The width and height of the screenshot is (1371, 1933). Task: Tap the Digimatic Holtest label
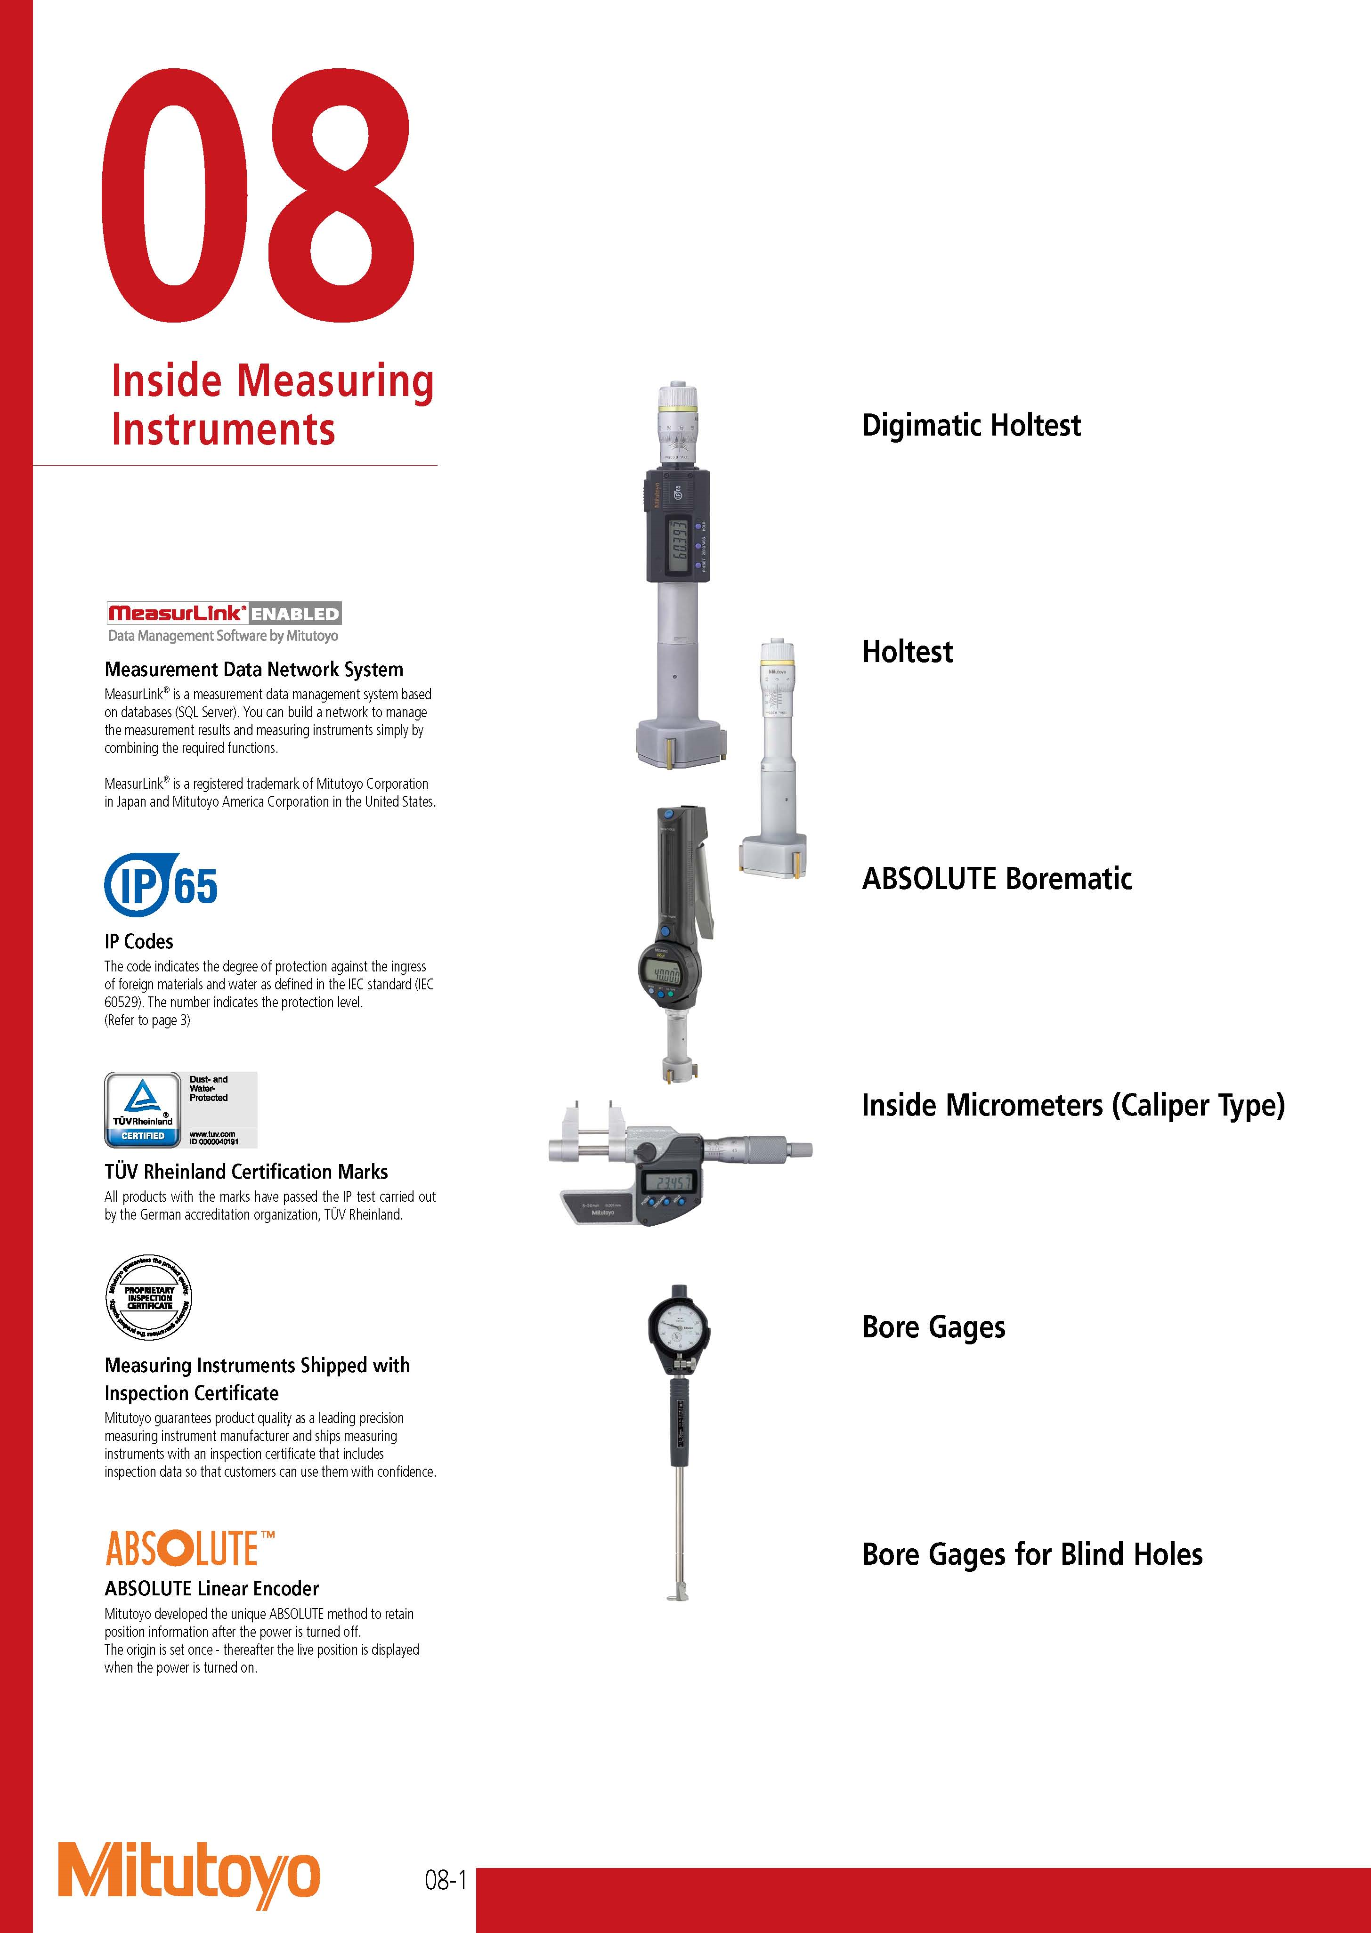click(x=970, y=425)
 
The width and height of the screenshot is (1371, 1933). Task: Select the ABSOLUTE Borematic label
click(x=996, y=879)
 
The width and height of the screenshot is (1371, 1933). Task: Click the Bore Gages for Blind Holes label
click(x=1031, y=1554)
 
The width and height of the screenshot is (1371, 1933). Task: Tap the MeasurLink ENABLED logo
click(x=224, y=614)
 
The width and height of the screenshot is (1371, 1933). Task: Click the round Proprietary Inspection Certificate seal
click(x=148, y=1297)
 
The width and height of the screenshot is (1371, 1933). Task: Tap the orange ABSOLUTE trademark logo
click(x=189, y=1549)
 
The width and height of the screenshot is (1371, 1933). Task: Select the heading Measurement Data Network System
click(x=253, y=670)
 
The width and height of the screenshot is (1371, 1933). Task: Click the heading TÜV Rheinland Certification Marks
click(x=246, y=1172)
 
